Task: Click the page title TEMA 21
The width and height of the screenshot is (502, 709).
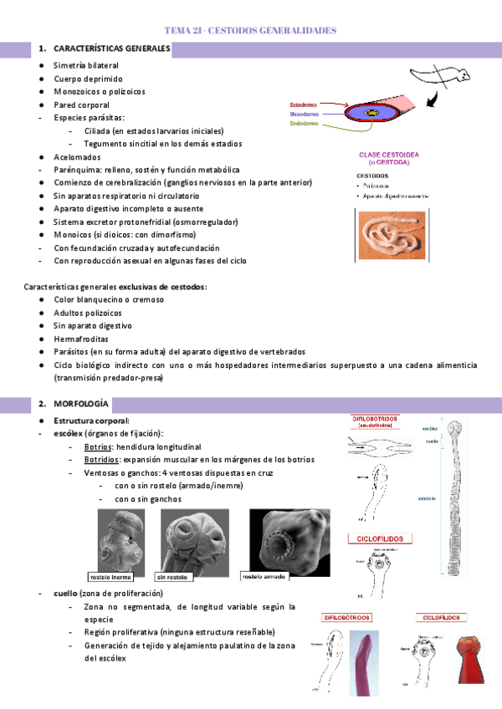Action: (x=251, y=30)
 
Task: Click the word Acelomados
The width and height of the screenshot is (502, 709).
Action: (x=77, y=156)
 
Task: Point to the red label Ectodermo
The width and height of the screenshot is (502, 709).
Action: (x=303, y=105)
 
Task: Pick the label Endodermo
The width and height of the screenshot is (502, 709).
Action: (x=304, y=124)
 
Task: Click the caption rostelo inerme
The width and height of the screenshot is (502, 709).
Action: (x=110, y=577)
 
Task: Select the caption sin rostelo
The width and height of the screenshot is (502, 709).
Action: (x=173, y=577)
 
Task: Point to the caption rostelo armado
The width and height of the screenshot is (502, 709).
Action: (x=264, y=577)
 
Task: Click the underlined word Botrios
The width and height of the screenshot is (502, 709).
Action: (x=97, y=447)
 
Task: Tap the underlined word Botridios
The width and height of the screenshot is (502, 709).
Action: (x=100, y=460)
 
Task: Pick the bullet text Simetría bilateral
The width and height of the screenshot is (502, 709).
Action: (x=85, y=65)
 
